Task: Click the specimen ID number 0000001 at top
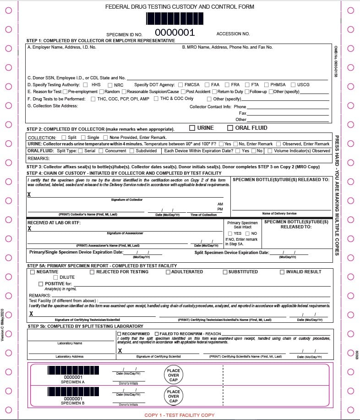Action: (x=175, y=33)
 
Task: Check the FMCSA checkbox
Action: (x=181, y=85)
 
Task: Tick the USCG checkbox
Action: (x=293, y=85)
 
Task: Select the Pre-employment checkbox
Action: (x=65, y=92)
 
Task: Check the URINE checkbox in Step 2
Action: (x=192, y=128)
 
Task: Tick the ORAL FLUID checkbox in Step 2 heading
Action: (x=230, y=128)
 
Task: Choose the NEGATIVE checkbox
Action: (x=33, y=272)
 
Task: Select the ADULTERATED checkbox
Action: (x=168, y=272)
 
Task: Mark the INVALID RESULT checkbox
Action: (x=282, y=272)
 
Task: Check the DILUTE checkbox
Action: (x=56, y=277)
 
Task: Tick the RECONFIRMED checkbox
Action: (x=120, y=334)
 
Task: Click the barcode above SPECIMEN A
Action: (x=67, y=371)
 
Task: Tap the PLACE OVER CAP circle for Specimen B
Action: (x=173, y=396)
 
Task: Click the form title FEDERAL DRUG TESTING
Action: (x=180, y=7)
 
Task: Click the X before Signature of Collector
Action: (x=30, y=195)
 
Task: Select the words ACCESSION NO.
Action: (x=233, y=34)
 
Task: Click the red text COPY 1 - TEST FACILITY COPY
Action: (x=180, y=415)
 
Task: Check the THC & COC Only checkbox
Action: (x=156, y=99)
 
